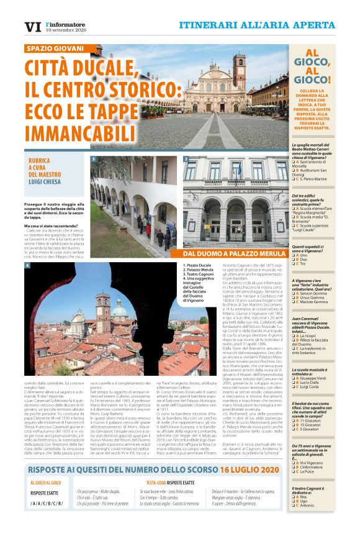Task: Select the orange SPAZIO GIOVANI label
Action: point(55,48)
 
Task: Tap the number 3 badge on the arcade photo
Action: point(93,160)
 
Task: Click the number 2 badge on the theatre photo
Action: point(186,160)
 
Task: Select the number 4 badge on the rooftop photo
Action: point(27,266)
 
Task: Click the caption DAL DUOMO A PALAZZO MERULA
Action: point(235,253)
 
